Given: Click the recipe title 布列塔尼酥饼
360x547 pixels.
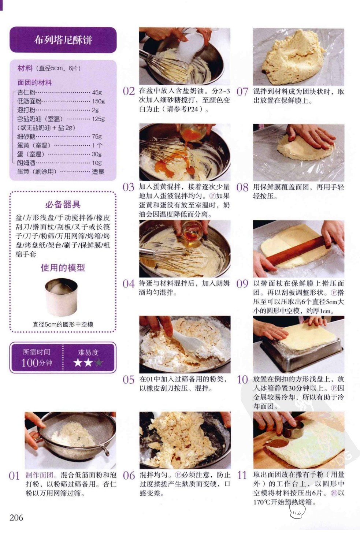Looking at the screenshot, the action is (63, 40).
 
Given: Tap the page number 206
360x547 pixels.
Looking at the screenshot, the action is (16, 517).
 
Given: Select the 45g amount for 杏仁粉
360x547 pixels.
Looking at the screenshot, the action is (97, 92).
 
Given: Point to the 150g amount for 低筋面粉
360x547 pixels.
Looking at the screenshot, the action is (99, 101).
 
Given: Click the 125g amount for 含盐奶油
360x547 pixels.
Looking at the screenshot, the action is (99, 119).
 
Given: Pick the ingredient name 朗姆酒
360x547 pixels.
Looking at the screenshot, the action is (26, 163).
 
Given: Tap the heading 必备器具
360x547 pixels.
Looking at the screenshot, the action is (63, 205).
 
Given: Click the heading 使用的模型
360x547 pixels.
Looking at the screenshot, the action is (63, 268).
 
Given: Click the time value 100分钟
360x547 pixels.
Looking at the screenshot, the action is (37, 363).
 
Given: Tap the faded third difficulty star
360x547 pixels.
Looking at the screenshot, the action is (99, 362).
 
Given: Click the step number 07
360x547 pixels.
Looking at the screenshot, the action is (242, 92).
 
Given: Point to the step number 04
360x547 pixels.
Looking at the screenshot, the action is (129, 284).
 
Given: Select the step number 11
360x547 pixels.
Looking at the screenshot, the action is (242, 475).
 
